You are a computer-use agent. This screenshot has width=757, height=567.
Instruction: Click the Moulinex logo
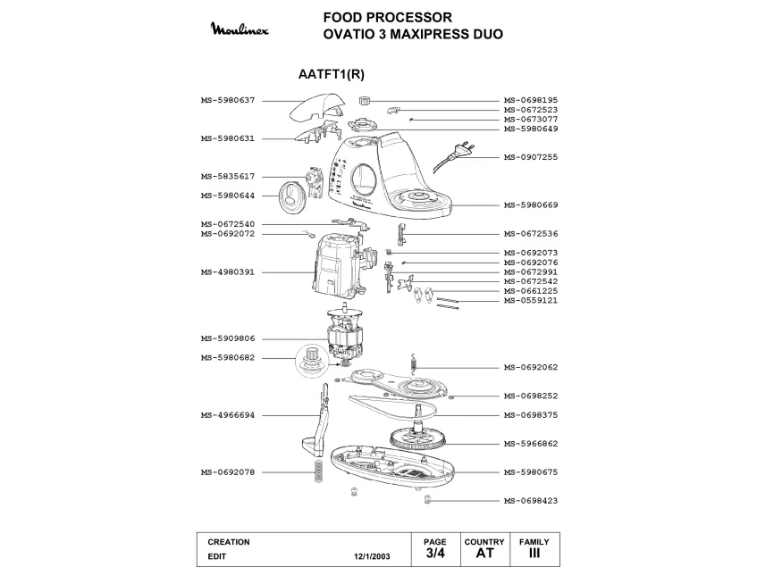click(240, 29)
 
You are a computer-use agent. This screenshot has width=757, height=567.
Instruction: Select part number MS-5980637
click(228, 100)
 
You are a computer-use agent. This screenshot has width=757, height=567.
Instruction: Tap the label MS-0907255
click(531, 157)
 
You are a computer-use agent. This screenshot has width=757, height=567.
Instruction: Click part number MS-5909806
click(228, 338)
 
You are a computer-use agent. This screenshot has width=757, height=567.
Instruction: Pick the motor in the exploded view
click(344, 334)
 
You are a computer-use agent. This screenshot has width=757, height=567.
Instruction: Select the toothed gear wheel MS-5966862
click(418, 436)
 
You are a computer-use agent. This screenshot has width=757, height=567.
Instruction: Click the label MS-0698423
click(531, 500)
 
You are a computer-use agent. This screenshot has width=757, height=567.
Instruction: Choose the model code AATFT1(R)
click(332, 74)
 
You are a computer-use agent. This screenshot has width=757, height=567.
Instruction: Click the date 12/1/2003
click(372, 556)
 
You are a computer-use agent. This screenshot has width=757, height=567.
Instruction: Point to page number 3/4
click(435, 553)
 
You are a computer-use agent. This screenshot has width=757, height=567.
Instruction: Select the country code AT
click(484, 553)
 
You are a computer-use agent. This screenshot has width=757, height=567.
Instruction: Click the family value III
click(534, 553)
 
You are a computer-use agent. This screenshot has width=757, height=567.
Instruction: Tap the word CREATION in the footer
click(229, 542)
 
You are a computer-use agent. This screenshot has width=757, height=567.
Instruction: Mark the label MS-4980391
click(228, 272)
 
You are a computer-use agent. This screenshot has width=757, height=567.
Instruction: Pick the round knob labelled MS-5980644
click(292, 196)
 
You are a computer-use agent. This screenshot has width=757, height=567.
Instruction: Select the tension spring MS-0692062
click(413, 363)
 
